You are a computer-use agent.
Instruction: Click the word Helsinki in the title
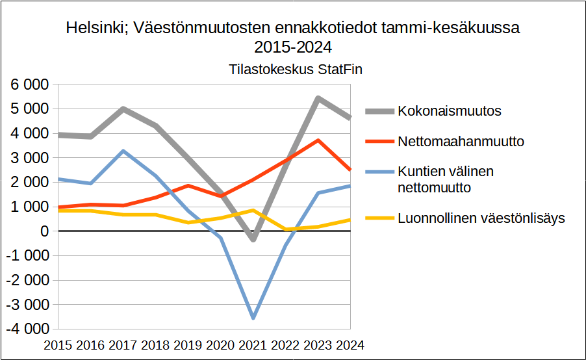92,29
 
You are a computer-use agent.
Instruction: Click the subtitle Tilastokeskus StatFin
294,70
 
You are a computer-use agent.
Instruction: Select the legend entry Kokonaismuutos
449,111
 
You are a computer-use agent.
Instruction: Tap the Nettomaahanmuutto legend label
461,141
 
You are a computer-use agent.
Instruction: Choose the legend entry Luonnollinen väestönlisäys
481,218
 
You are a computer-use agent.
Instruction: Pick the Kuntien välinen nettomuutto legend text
445,179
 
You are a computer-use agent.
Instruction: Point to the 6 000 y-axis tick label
27,84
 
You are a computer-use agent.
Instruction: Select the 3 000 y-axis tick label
27,158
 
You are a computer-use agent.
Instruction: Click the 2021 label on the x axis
253,344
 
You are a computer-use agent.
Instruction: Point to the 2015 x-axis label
58,344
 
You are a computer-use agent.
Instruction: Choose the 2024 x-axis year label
350,344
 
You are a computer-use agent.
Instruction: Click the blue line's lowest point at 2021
253,318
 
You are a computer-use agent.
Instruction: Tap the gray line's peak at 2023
318,98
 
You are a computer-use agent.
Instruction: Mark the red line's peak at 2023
318,140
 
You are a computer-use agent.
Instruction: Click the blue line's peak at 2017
123,151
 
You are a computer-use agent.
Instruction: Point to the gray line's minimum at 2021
253,239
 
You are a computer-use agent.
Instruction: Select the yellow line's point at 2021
253,211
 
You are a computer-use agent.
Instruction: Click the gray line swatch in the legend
379,111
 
